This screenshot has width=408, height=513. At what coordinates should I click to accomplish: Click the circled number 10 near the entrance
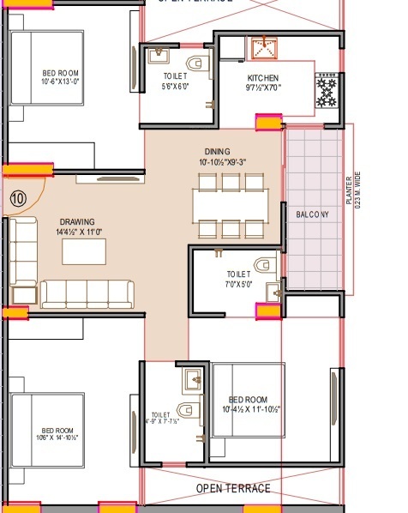(x=18, y=198)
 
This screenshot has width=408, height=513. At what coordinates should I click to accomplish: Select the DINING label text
(x=218, y=150)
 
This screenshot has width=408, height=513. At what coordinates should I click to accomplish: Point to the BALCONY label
(x=313, y=214)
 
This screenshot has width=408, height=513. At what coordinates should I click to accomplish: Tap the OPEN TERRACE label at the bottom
(x=233, y=488)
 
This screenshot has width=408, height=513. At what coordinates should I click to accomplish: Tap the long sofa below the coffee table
(x=87, y=293)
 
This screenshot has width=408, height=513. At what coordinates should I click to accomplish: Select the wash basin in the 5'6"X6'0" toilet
(x=159, y=56)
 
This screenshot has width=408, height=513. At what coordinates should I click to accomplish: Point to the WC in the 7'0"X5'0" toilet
(x=263, y=263)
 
